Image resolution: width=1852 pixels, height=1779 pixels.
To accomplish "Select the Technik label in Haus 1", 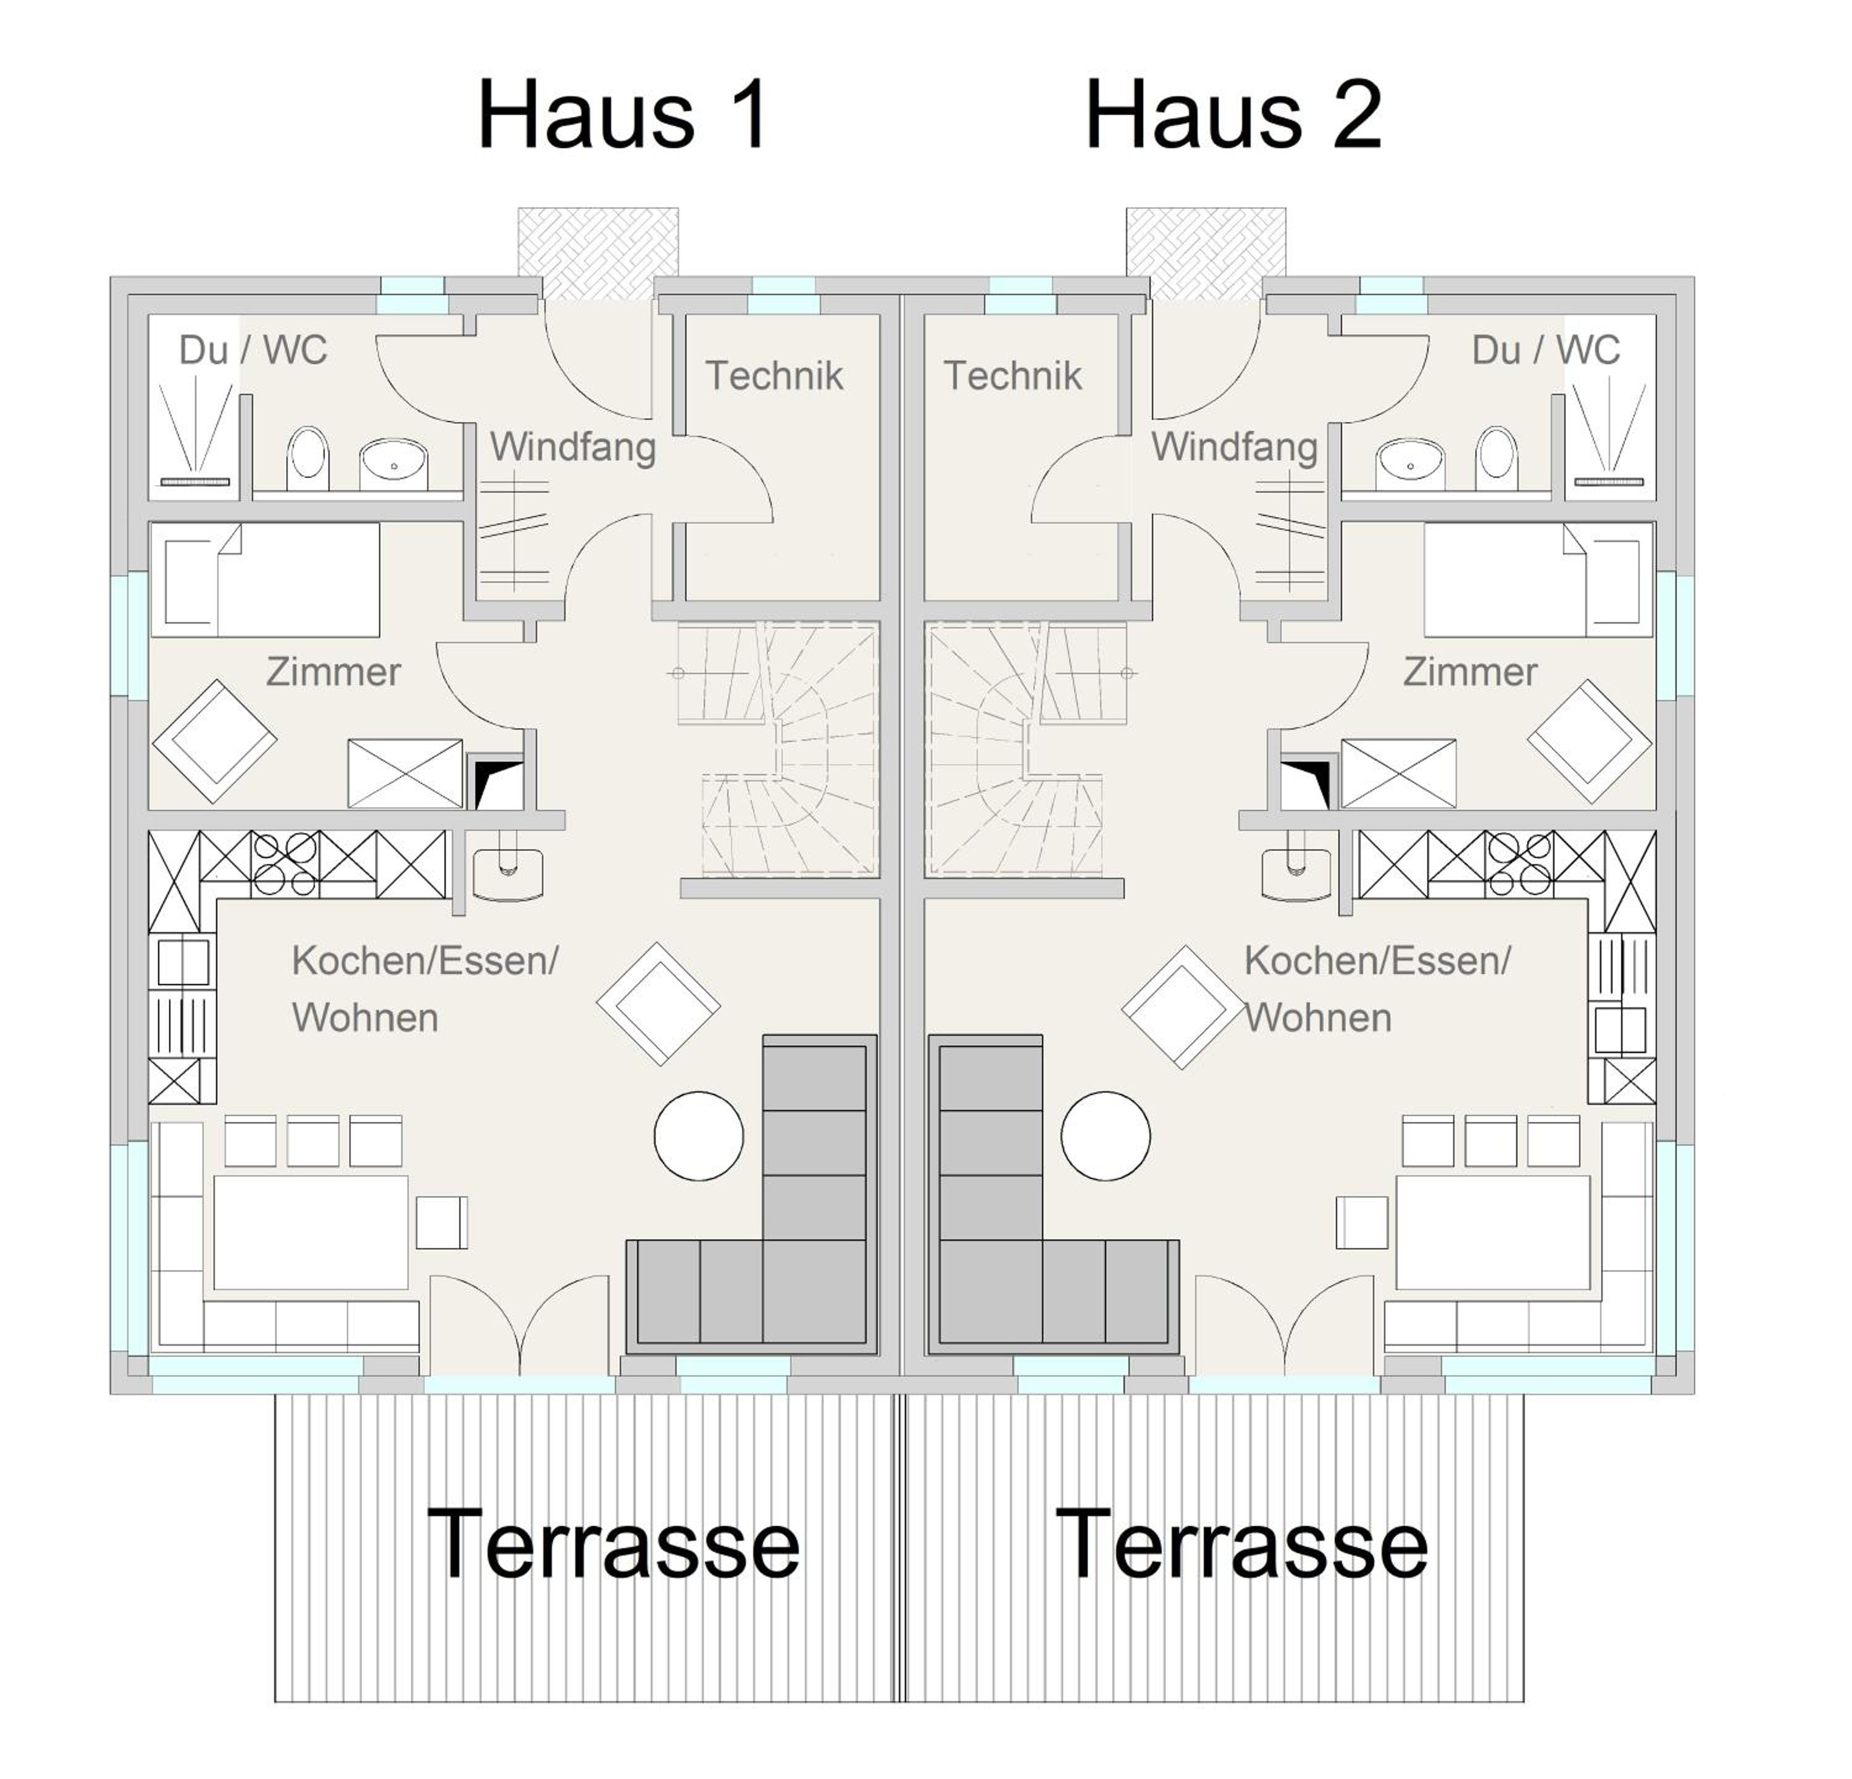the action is point(774,376).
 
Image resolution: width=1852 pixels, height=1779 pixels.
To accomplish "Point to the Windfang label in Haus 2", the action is point(1234,447).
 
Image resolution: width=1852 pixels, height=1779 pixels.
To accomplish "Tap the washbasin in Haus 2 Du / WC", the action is point(1411,464).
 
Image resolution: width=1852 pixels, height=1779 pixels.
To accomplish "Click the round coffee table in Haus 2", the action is point(1106,1136).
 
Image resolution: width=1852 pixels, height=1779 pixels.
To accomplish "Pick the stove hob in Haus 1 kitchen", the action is point(285,864).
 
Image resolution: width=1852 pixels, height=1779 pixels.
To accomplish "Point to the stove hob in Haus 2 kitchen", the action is point(1519,864).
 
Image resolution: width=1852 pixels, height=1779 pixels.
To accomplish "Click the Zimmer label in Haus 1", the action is point(333,673).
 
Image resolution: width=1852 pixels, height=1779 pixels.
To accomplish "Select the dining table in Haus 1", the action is point(311,1232).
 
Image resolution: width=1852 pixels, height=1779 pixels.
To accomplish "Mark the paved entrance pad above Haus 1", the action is point(598,253).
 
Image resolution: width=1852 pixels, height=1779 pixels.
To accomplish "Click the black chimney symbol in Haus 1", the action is point(497,783).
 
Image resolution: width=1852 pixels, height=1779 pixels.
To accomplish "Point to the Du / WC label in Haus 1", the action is point(253,351).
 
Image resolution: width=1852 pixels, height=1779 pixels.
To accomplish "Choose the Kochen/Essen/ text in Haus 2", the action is point(1377,961).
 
